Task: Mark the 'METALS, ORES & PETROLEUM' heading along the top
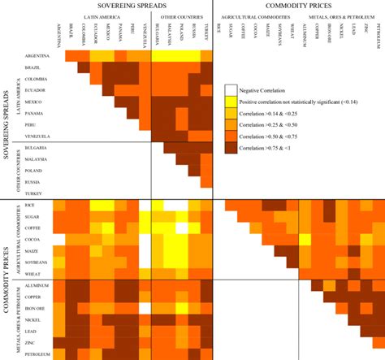(344, 16)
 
